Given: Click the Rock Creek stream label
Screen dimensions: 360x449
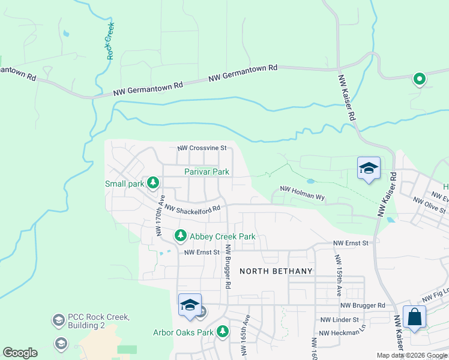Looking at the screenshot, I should click(x=110, y=41).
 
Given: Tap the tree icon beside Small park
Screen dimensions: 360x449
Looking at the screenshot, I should click(x=153, y=182).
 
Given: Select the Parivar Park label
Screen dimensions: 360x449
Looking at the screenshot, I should click(x=206, y=172).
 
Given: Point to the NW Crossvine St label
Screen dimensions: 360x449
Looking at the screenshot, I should click(x=202, y=148).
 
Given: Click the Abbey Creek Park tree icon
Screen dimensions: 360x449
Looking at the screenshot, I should click(x=180, y=236).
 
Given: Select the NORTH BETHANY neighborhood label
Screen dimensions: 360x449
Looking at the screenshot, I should click(x=276, y=271).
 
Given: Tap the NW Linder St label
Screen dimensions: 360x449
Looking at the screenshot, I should click(x=340, y=320).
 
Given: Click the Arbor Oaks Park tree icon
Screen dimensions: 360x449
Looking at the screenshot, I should click(x=223, y=331).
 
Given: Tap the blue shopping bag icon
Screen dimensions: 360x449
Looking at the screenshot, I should click(x=415, y=317).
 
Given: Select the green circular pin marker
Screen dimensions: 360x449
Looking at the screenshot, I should click(x=419, y=78).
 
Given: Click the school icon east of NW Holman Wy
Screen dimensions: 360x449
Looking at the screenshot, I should click(x=369, y=169).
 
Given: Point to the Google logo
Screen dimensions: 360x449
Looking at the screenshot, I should click(x=20, y=353).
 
